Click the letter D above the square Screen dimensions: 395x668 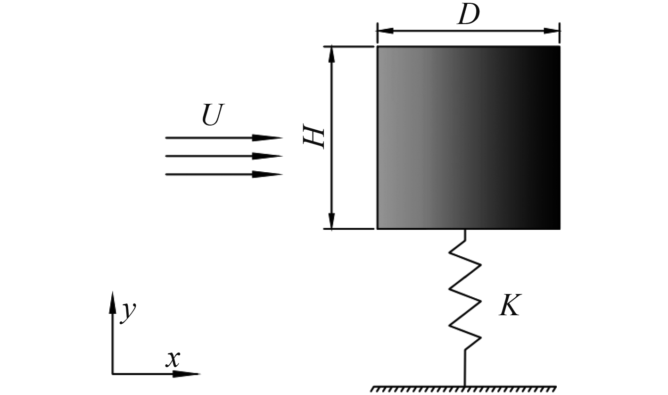[468, 15]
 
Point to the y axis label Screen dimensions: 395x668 [128, 312]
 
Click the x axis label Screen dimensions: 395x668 [173, 360]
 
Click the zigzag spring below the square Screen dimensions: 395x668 [465, 295]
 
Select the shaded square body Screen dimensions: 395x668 [468, 137]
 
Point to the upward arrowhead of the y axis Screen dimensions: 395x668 [113, 302]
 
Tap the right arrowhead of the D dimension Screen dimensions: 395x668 [552, 31]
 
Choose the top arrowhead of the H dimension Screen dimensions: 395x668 [332, 54]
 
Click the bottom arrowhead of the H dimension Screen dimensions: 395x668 [332, 220]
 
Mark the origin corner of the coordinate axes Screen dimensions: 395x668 [113, 374]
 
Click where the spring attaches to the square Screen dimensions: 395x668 [466, 230]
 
